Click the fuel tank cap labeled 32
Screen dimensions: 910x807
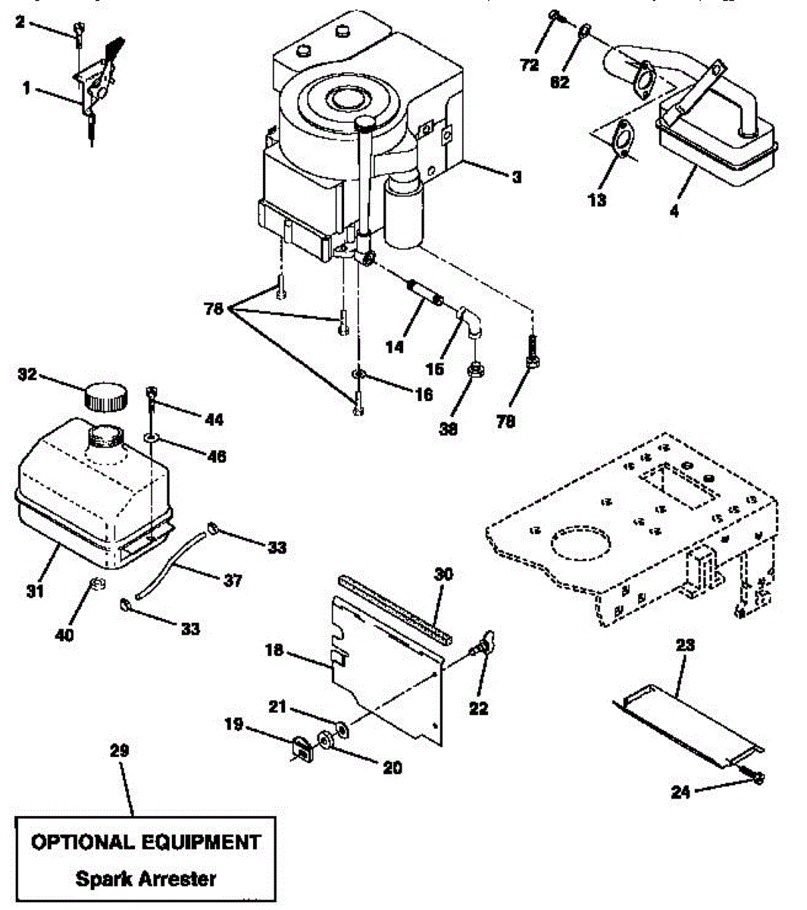[105, 396]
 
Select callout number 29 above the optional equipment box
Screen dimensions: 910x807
[120, 751]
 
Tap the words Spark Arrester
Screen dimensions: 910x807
[145, 879]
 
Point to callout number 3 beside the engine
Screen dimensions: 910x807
[516, 177]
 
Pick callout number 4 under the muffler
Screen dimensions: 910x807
[674, 212]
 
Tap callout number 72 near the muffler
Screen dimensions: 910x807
[530, 65]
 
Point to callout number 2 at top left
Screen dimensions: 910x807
[20, 23]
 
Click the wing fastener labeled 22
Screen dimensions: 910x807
[482, 643]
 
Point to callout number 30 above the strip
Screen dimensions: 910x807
[444, 574]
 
